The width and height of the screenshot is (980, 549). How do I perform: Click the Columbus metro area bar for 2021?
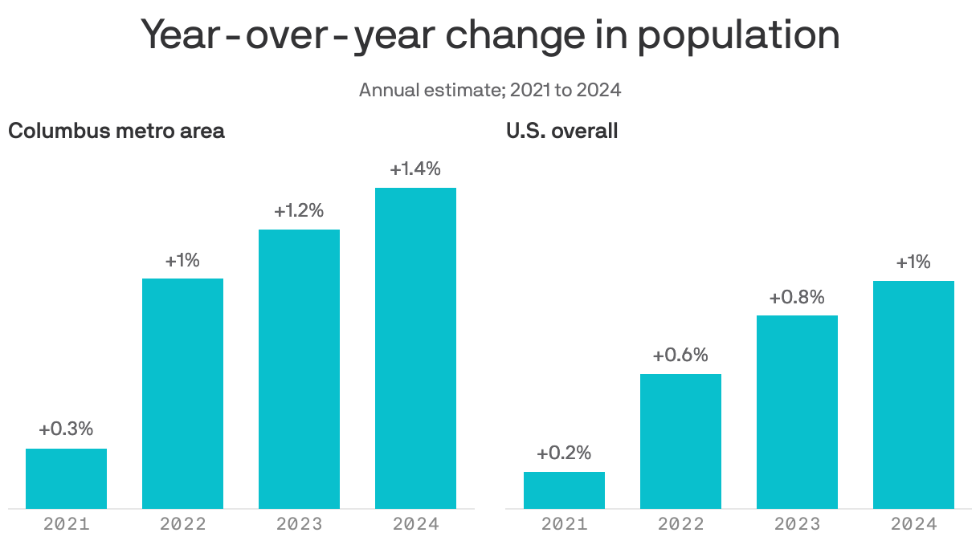pyautogui.click(x=66, y=478)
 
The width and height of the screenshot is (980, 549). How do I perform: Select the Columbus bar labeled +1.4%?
pyautogui.click(x=415, y=348)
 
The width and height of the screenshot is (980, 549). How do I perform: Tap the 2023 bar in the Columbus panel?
pyautogui.click(x=299, y=368)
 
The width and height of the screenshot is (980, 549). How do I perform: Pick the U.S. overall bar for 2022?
pyautogui.click(x=680, y=441)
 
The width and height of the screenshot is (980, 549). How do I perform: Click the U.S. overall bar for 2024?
pyautogui.click(x=913, y=394)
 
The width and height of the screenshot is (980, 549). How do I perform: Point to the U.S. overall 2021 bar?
pyautogui.click(x=564, y=490)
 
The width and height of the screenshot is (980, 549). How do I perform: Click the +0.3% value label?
pyautogui.click(x=66, y=429)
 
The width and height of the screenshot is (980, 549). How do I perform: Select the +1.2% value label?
pyautogui.click(x=299, y=211)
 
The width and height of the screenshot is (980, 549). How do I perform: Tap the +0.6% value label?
pyautogui.click(x=680, y=356)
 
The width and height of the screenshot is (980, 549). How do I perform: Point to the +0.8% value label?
pyautogui.click(x=797, y=297)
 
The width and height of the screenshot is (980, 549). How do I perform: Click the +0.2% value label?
pyautogui.click(x=564, y=453)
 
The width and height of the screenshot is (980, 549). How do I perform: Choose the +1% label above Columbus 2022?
pyautogui.click(x=182, y=260)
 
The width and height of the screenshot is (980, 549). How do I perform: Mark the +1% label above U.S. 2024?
pyautogui.click(x=913, y=262)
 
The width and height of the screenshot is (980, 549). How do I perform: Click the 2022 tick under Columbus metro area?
pyautogui.click(x=182, y=524)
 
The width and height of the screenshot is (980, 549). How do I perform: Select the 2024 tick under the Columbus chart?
pyautogui.click(x=415, y=524)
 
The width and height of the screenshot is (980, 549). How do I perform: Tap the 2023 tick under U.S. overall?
pyautogui.click(x=797, y=524)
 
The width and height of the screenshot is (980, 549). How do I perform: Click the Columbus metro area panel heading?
pyautogui.click(x=116, y=131)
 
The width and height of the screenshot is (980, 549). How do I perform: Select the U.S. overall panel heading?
pyautogui.click(x=562, y=131)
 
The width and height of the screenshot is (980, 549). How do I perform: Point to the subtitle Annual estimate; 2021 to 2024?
pyautogui.click(x=490, y=89)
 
